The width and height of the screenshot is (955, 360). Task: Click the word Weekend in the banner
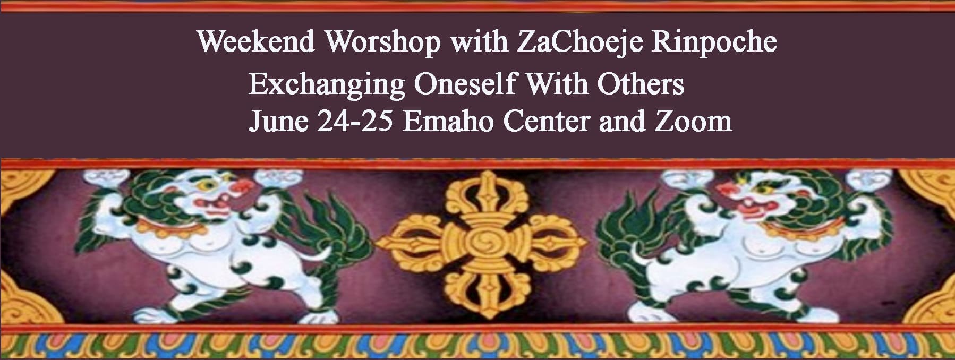[x=256, y=42]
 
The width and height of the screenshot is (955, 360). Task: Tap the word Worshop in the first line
[x=383, y=42]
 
